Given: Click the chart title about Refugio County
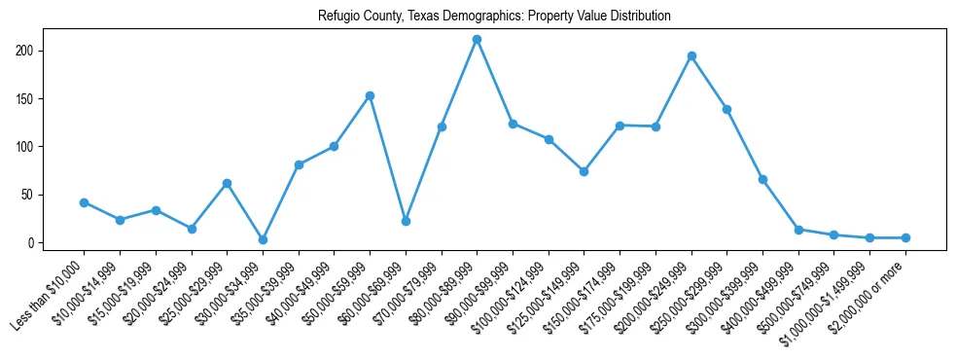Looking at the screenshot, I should pos(494,17).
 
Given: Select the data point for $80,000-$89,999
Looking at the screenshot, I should pos(477,40).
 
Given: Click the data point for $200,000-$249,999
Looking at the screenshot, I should pos(691,56).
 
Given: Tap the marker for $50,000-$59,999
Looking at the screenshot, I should pos(370,95).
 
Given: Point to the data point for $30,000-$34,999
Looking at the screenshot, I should pos(263,239).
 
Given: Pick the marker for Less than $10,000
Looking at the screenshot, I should pos(84,202).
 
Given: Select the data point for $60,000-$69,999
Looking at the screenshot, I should pos(406,221).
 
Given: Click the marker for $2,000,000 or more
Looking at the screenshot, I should pos(905,237).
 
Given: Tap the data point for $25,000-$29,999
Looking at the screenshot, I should pos(227,183).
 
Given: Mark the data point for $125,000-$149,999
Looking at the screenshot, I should pos(584,171).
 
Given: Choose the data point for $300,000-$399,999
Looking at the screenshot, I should pos(762,179).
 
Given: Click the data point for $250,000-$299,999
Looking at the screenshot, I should pos(726,109).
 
